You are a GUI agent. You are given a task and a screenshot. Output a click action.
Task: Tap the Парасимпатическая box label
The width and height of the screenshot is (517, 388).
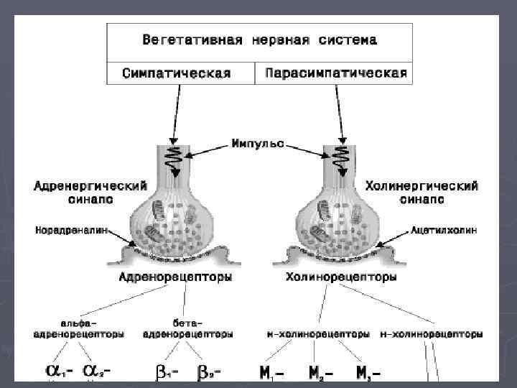[x=335, y=73]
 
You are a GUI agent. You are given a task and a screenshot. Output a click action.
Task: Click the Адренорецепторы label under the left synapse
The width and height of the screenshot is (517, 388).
[x=176, y=276]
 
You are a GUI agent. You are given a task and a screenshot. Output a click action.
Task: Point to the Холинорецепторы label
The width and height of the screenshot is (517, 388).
[x=328, y=276]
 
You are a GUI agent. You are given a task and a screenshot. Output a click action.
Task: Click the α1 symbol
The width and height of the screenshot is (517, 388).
[x=58, y=371]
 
